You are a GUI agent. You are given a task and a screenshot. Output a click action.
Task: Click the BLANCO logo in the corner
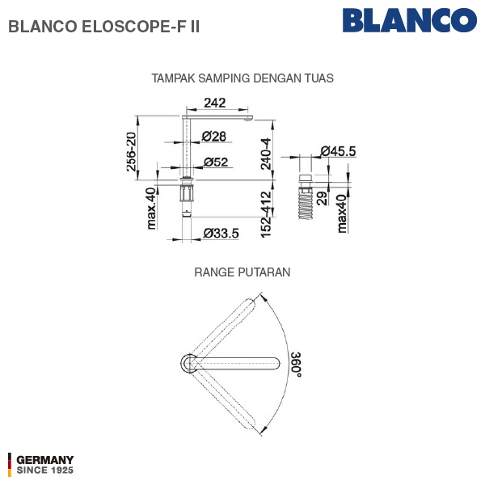tap(410, 20)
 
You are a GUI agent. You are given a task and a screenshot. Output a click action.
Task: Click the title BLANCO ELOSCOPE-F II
tap(104, 27)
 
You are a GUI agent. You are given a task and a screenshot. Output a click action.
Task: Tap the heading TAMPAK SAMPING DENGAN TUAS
tap(242, 78)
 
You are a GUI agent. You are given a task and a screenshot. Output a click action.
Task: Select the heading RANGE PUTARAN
tap(242, 272)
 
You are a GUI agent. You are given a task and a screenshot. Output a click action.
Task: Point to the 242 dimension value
tap(215, 103)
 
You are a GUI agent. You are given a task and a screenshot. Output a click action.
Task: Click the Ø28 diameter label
tap(213, 136)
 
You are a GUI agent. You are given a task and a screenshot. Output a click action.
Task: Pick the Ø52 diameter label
tap(216, 162)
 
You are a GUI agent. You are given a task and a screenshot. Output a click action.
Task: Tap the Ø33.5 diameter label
tap(221, 234)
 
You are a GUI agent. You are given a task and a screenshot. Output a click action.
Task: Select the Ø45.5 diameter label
tap(338, 151)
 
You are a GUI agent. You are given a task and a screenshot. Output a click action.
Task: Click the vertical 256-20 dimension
tap(132, 152)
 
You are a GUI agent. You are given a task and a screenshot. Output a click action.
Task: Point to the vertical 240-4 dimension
tap(266, 154)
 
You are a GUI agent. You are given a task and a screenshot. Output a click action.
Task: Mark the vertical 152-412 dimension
tap(266, 214)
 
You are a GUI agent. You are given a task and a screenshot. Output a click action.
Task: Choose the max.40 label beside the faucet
tap(151, 209)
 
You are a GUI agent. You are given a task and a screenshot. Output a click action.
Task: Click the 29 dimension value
tap(322, 199)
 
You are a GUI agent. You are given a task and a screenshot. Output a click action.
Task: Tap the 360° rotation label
tap(296, 365)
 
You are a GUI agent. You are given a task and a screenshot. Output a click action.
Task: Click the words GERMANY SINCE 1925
tap(44, 465)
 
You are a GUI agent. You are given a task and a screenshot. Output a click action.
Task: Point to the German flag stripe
tap(10, 465)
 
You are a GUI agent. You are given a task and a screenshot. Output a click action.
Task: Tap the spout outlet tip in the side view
tap(248, 119)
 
